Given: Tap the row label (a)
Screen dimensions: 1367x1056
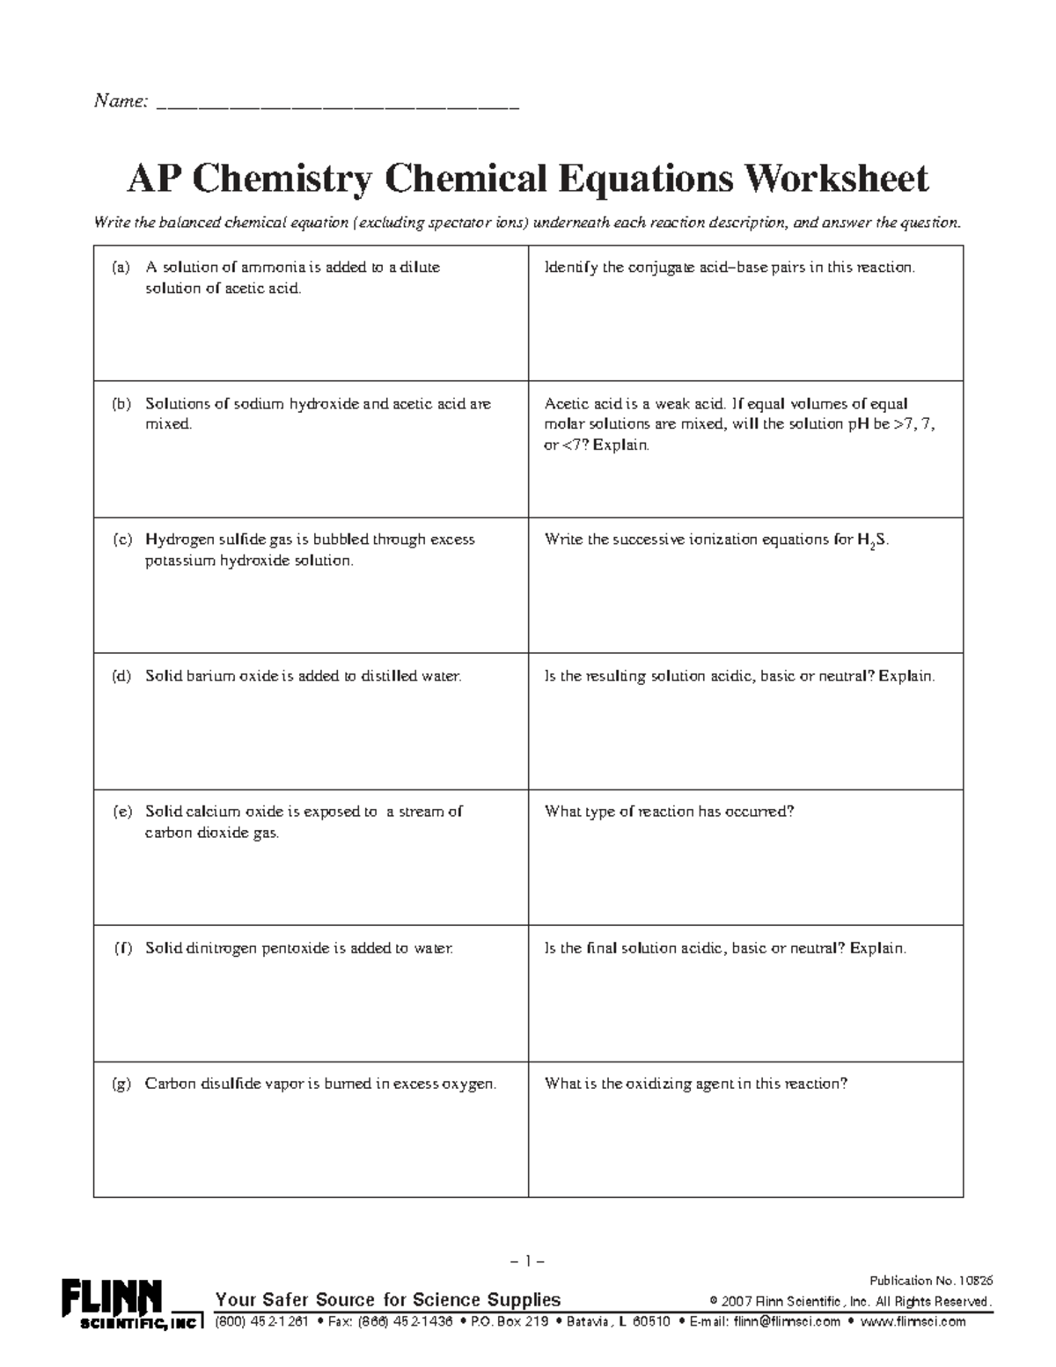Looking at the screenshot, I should point(121,268).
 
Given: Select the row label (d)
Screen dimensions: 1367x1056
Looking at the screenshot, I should point(121,676).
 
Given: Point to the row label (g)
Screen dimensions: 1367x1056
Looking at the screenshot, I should point(121,1084).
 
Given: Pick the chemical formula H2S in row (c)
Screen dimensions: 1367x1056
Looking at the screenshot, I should point(872,540).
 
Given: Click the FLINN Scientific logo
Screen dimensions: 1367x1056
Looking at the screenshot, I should point(130,1304).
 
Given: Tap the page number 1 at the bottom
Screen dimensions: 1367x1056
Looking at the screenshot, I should point(528,1260).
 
